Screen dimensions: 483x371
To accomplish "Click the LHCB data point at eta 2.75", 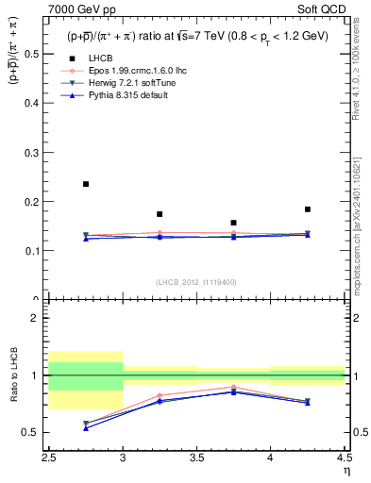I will click(x=86, y=184).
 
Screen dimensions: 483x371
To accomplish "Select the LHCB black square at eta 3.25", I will click(x=160, y=214).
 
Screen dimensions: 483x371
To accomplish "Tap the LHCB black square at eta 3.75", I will click(x=233, y=223).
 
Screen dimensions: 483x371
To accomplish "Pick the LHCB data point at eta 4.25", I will click(x=308, y=209).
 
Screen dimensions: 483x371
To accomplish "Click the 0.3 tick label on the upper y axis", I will click(x=35, y=153).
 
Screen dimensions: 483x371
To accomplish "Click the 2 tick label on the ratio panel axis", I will click(x=39, y=318).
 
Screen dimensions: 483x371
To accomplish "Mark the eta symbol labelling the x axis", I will click(x=346, y=470).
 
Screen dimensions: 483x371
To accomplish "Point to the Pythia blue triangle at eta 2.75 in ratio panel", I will click(x=86, y=428).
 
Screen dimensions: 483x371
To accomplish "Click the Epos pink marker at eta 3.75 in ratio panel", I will click(x=233, y=387).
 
